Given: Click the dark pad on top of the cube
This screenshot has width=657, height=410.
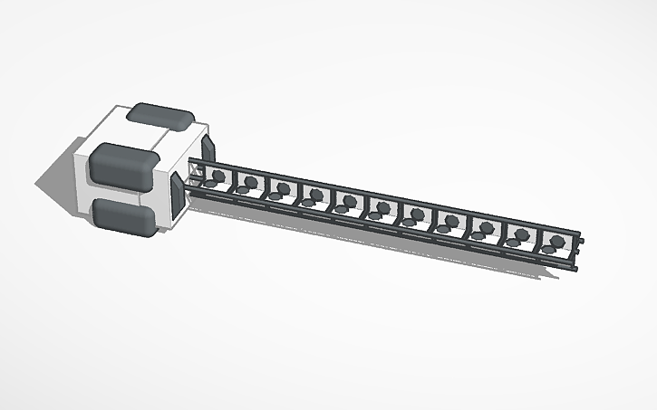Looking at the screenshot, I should point(160,116).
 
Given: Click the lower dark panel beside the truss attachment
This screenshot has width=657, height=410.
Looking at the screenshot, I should point(176,196).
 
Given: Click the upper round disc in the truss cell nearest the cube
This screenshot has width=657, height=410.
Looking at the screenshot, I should point(217,174).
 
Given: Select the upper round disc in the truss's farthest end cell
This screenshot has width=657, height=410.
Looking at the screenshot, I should point(554,242).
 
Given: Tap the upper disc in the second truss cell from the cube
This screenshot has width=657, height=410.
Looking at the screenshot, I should point(250,181).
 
